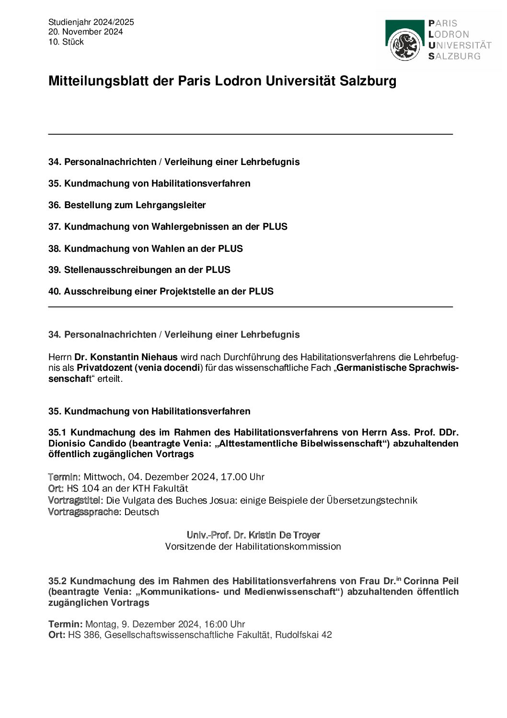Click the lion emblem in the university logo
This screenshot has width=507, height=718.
tap(405, 45)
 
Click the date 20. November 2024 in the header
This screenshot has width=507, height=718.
tap(85, 32)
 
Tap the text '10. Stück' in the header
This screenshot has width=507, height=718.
tap(66, 42)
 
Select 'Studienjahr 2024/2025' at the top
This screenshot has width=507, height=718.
tap(91, 22)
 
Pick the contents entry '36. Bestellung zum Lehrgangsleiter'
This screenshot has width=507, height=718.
tap(127, 205)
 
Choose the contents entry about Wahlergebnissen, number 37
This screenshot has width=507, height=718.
tap(168, 227)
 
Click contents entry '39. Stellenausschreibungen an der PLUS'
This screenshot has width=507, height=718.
tap(139, 270)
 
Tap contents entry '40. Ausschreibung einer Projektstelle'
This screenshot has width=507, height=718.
tap(161, 292)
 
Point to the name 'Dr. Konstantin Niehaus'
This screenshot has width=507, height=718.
tap(126, 357)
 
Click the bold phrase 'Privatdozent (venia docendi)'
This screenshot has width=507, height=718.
tap(138, 368)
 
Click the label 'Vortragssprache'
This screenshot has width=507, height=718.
tap(83, 512)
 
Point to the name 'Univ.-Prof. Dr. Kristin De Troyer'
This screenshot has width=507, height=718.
tap(253, 535)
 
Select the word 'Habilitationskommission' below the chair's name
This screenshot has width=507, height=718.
tap(288, 547)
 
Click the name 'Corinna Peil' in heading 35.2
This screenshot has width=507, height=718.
tap(431, 581)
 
